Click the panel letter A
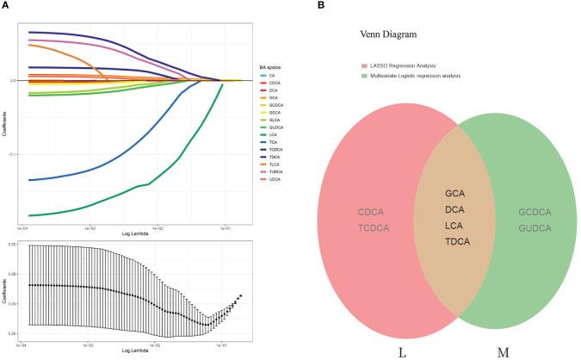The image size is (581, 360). [6, 6]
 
